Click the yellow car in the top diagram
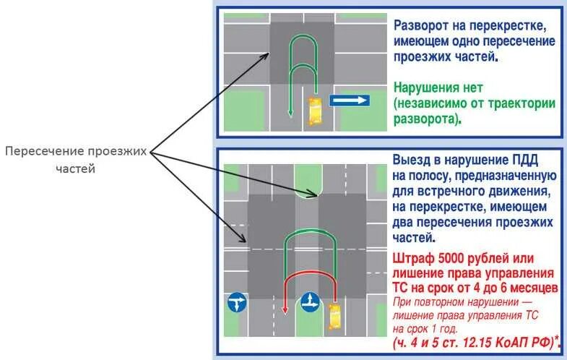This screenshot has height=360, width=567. point(315,110)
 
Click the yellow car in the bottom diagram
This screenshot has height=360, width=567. point(334,315)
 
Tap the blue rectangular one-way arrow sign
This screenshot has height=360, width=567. point(350,100)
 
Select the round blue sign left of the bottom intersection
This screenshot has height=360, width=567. point(237,302)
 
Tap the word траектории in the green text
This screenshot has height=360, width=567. point(512,103)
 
